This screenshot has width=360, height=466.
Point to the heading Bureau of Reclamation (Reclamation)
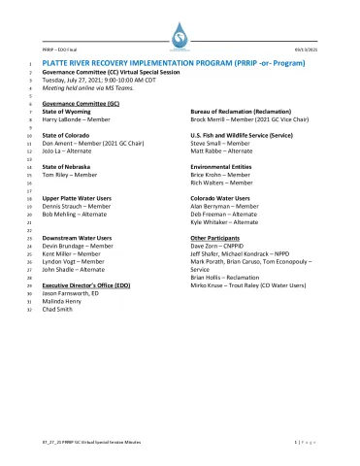click(235, 113)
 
